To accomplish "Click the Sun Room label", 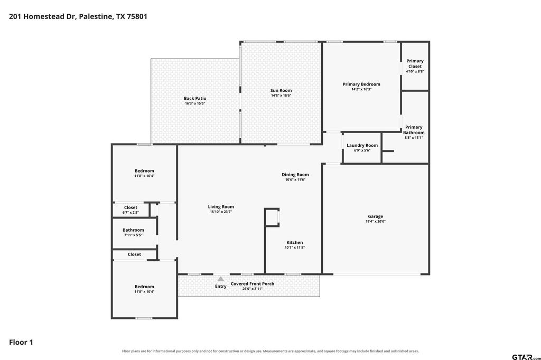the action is pyautogui.click(x=281, y=90).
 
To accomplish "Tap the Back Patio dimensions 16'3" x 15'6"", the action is pyautogui.click(x=195, y=103).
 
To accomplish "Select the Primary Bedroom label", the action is pyautogui.click(x=361, y=84).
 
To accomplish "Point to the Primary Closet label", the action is pyautogui.click(x=415, y=63).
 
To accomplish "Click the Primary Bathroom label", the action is pyautogui.click(x=414, y=130).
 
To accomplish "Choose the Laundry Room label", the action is pyautogui.click(x=362, y=146).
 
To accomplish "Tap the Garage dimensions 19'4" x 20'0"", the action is pyautogui.click(x=376, y=221).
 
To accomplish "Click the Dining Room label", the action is pyautogui.click(x=295, y=175).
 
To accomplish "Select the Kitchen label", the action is pyautogui.click(x=295, y=242).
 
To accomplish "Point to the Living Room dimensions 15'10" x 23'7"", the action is pyautogui.click(x=221, y=212).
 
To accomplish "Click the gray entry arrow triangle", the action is pyautogui.click(x=221, y=279).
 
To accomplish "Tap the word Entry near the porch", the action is pyautogui.click(x=221, y=286).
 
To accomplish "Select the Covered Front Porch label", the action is pyautogui.click(x=253, y=284).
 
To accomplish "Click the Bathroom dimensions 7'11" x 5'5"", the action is pyautogui.click(x=133, y=235).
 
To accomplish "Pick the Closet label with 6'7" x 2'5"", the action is pyautogui.click(x=130, y=207).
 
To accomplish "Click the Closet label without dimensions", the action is pyautogui.click(x=134, y=254).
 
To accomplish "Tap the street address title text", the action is pyautogui.click(x=78, y=16).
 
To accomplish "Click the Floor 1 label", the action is pyautogui.click(x=21, y=343).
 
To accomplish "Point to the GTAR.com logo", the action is pyautogui.click(x=526, y=357).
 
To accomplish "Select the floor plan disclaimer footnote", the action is pyautogui.click(x=270, y=351).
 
